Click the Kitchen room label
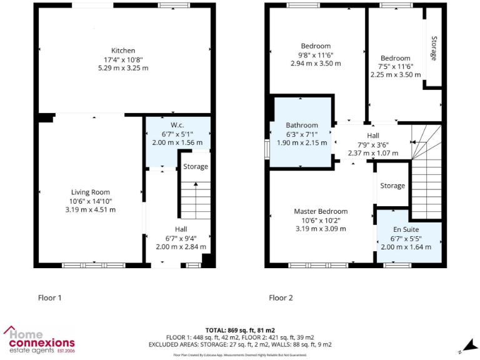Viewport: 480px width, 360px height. point(123,51)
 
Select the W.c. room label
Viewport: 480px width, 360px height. point(177,125)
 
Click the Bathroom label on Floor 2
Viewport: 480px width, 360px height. point(302,125)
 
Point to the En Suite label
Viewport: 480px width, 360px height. point(410,229)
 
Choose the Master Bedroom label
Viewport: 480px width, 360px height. point(321,211)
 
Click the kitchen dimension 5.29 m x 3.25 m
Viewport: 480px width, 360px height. point(123,67)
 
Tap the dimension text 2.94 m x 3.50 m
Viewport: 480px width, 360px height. point(316,63)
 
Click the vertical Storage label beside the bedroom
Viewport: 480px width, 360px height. point(434,48)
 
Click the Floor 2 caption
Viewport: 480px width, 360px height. point(281,298)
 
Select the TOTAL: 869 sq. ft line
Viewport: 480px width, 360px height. point(240,329)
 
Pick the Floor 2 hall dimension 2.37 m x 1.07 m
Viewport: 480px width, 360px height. point(372,152)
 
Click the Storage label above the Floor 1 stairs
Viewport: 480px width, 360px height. point(196,167)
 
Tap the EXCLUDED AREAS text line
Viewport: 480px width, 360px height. point(240,344)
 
